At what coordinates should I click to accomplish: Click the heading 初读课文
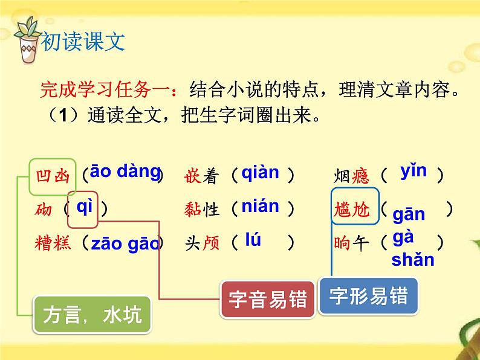tap(83, 40)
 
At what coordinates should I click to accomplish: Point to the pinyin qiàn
tap(260, 173)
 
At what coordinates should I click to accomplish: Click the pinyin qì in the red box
tap(85, 207)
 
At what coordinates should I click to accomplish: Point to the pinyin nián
tap(260, 207)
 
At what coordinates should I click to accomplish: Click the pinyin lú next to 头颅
tap(253, 240)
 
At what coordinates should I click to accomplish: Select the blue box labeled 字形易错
tap(368, 295)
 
